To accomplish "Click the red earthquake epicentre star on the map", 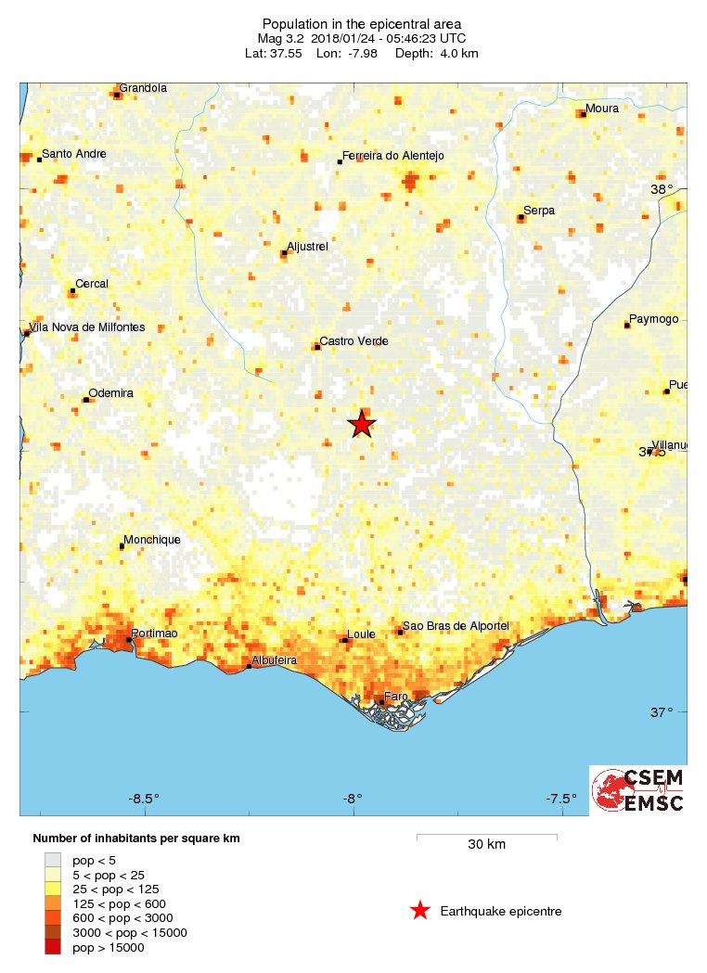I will tap(361, 424).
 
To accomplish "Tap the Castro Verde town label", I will tap(353, 341).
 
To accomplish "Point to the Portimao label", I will tap(155, 633).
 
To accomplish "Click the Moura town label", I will tap(601, 109).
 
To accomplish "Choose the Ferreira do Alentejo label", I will tap(393, 156).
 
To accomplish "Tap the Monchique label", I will tap(152, 540).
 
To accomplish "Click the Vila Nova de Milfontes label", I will tap(88, 326).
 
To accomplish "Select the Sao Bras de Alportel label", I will tap(456, 627).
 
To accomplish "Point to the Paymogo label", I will tap(653, 319).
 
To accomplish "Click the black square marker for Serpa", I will tap(521, 219).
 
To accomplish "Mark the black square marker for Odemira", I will tap(86, 400).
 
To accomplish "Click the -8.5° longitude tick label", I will tap(144, 798).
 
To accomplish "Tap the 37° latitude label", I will tap(662, 712).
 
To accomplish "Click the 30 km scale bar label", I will tap(486, 845).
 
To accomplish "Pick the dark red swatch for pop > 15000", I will tap(53, 947).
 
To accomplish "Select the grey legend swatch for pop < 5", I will tap(53, 860).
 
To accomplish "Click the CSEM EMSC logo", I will tap(638, 789).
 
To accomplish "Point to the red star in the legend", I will tap(420, 911).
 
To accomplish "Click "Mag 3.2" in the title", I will tap(282, 38).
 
